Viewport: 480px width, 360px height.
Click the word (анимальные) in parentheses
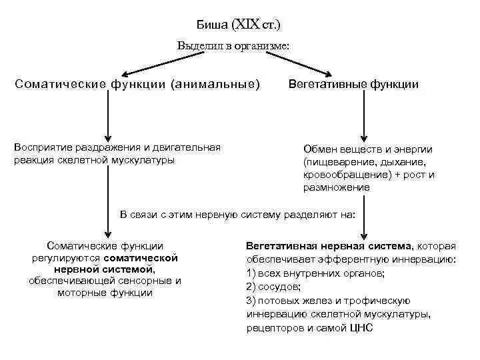pyautogui.click(x=215, y=85)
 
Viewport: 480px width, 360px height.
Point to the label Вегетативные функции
pyautogui.click(x=353, y=85)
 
